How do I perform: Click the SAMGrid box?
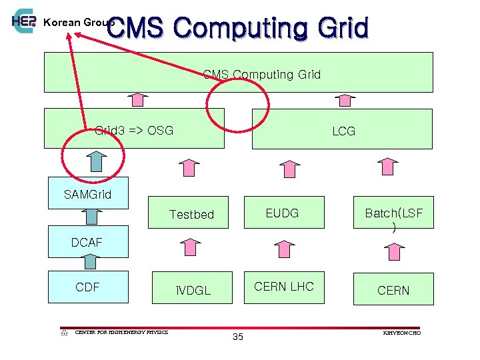click(88, 193)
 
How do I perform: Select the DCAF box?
click(88, 243)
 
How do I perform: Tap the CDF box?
click(88, 287)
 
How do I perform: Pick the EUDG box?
click(283, 213)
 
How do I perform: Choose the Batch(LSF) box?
click(393, 213)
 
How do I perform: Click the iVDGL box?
click(193, 290)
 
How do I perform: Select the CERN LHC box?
click(284, 287)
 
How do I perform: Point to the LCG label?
click(344, 131)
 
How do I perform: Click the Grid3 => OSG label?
click(134, 130)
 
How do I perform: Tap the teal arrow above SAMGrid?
click(97, 163)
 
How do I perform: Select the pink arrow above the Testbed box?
click(190, 168)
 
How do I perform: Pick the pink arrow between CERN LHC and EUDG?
click(283, 249)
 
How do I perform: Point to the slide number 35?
click(238, 337)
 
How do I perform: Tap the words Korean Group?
click(78, 22)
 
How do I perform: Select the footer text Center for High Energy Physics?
click(121, 332)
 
